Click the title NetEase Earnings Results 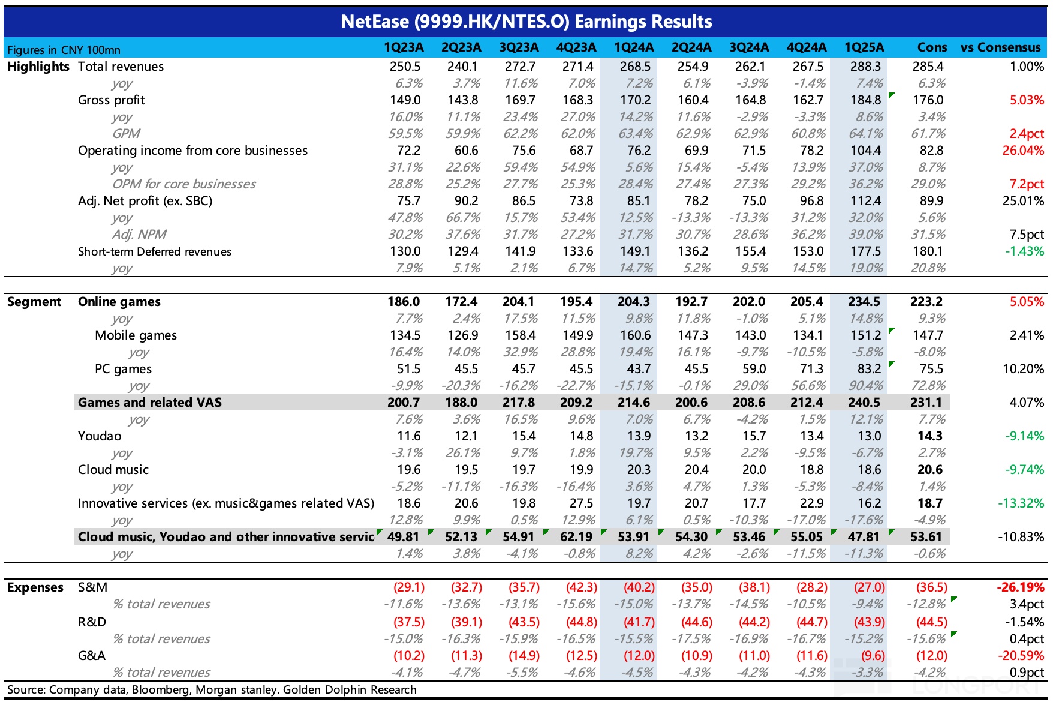pos(526,22)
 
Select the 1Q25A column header pos(864,47)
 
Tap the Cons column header pos(932,47)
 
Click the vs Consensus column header pos(1000,47)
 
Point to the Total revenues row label pos(121,67)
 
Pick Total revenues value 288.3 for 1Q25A pos(865,67)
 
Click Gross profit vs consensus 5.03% pos(1027,100)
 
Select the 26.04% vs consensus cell pos(1023,151)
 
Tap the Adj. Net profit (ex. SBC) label pos(145,201)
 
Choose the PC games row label pos(123,369)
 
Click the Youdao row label pos(100,436)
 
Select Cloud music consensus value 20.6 pos(929,470)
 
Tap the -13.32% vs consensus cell pos(1021,503)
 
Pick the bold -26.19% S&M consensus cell pos(1020,587)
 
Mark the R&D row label pos(92,622)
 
